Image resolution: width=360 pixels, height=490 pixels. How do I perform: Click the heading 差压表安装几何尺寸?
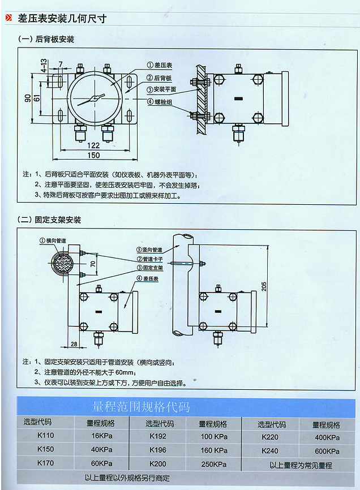tap(62, 19)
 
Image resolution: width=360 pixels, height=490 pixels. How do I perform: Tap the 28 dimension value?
tap(74, 343)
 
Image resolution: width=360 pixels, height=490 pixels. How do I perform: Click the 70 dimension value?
tap(93, 264)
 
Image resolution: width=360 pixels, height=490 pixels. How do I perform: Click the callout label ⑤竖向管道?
tap(149, 250)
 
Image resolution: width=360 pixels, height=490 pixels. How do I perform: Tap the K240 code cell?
tap(270, 451)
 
